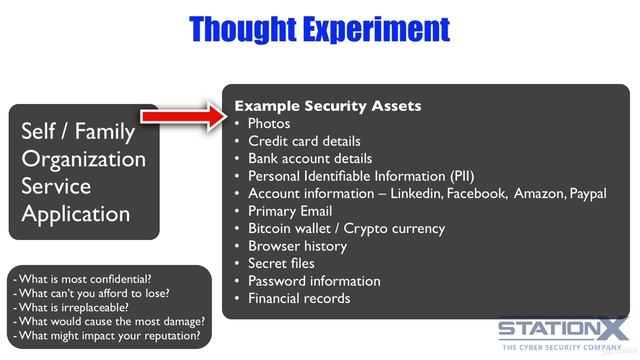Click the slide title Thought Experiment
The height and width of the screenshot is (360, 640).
point(320,28)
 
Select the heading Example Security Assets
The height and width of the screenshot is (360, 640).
point(327,106)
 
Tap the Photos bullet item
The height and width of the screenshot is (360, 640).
point(269,124)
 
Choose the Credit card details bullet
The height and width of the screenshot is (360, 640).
point(304,141)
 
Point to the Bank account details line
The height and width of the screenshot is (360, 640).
point(310,158)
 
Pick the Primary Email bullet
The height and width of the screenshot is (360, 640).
point(290,211)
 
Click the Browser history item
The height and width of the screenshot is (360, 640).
point(297,246)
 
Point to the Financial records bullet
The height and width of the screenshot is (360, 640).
point(299,298)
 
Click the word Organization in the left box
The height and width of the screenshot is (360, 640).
point(83,159)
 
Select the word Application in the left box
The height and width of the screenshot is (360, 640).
point(76,213)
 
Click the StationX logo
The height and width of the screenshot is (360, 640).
point(564,331)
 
